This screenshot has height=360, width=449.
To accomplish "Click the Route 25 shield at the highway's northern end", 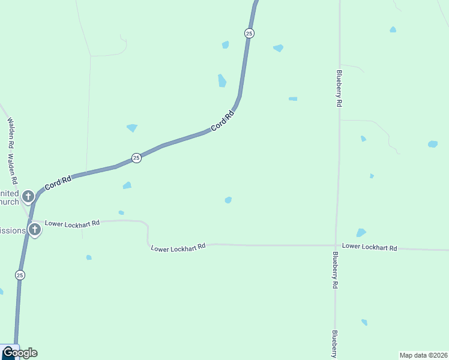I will coord(249,34).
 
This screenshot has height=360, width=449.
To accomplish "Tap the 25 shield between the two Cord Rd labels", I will coord(136,158).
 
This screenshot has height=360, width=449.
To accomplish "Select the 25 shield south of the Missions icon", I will coord(20,275).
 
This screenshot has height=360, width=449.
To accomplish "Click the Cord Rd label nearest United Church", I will coord(58,183).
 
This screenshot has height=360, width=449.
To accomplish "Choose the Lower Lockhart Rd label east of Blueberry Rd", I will coord(370,247).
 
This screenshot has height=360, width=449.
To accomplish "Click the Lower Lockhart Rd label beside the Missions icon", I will coord(72,224).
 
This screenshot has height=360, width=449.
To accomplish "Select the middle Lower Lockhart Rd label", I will coord(178,247).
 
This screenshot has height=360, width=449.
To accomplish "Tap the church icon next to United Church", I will coord(28,196).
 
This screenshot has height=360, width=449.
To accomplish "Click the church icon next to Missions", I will coord(35,229).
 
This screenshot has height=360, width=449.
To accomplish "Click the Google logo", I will coord(20,353).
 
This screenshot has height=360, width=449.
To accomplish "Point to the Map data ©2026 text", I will coord(423,355).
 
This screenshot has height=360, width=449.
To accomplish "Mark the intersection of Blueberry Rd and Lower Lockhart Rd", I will coord(336,245).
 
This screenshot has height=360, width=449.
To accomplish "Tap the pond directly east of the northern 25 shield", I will coord(278,48).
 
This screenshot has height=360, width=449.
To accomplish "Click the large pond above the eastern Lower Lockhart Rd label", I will coord(361,233).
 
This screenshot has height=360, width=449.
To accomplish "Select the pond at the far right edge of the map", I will coord(432,144).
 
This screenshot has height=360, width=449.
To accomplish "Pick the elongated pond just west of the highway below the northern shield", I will coord(222,80).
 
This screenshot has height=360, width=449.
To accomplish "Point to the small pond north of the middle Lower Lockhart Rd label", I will coord(228,200).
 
